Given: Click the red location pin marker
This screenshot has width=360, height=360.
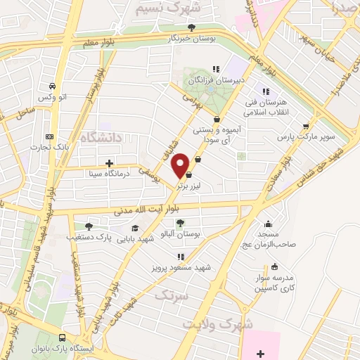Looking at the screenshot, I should pyautogui.click(x=181, y=165).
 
